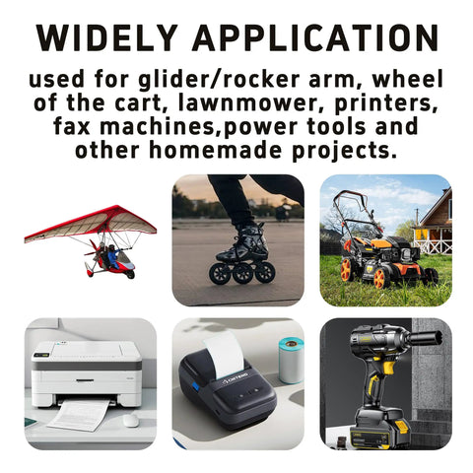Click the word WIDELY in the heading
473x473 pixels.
pyautogui.click(x=106, y=37)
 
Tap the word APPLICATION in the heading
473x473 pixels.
pyautogui.click(x=315, y=37)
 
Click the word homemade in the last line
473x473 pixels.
pyautogui.click(x=215, y=150)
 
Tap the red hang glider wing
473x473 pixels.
pyautogui.click(x=91, y=224)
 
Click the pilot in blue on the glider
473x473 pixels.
pyautogui.click(x=112, y=257)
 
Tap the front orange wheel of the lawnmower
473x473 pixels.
pyautogui.click(x=381, y=278)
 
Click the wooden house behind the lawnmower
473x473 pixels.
pyautogui.click(x=433, y=224)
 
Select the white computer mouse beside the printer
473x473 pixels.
pyautogui.click(x=131, y=420)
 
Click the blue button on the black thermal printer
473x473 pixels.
pyautogui.click(x=195, y=385)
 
